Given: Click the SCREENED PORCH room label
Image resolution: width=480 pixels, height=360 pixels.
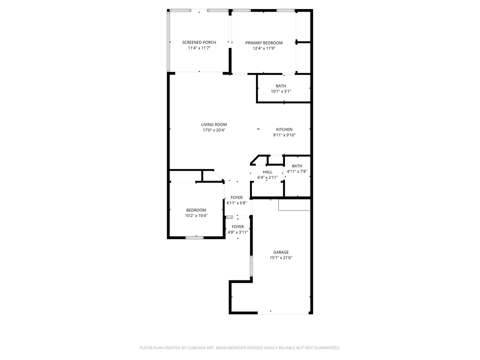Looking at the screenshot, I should click(x=199, y=42).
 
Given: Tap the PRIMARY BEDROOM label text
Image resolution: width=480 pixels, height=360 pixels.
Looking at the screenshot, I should click(x=263, y=43).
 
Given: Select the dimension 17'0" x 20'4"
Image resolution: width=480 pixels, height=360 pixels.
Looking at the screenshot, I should click(x=214, y=130).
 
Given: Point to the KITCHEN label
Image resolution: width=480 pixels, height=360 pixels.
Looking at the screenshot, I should click(x=284, y=129).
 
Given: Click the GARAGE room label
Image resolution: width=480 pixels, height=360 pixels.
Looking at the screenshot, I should click(x=280, y=252).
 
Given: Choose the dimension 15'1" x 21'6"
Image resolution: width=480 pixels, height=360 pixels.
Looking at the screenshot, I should click(x=280, y=258).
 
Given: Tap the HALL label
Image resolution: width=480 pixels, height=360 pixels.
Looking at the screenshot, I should click(x=267, y=171).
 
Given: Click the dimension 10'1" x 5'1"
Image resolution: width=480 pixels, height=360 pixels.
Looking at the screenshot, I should click(x=281, y=91).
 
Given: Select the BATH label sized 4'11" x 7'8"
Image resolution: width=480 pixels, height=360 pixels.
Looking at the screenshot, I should click(x=297, y=166).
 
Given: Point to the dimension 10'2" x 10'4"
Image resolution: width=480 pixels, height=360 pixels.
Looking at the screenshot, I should click(x=196, y=215).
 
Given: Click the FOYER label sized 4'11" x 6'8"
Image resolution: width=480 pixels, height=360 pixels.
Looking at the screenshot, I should click(x=236, y=197).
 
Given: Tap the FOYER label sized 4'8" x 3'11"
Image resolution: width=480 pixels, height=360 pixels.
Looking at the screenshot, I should click(x=238, y=226).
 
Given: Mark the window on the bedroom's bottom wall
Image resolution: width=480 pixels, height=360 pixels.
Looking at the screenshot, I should click(x=194, y=237).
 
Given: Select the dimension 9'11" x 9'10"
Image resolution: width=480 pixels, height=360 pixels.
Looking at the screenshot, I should click(x=284, y=135).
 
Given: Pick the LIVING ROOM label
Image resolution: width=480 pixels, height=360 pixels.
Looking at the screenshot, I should click(x=214, y=124).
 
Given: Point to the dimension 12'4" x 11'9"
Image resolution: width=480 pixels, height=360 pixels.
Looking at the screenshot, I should click(x=263, y=48).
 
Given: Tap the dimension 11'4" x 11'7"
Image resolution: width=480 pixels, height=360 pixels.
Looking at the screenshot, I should click(x=199, y=48).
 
